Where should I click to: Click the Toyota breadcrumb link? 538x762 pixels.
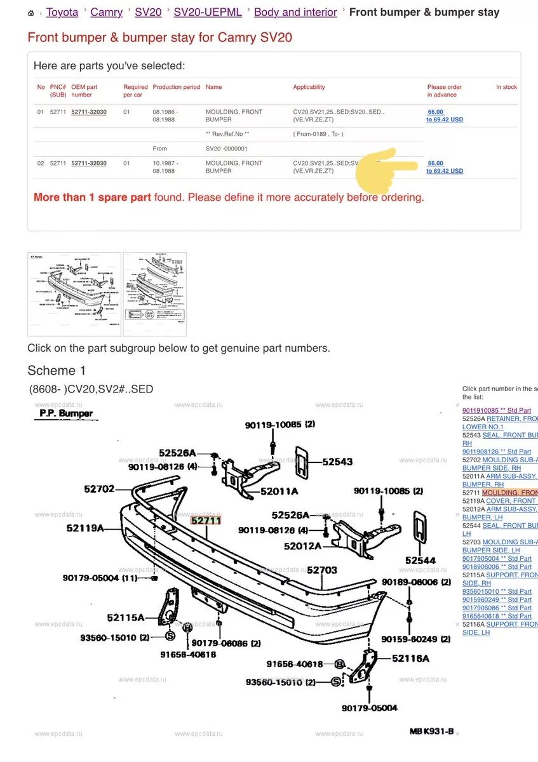click(62, 12)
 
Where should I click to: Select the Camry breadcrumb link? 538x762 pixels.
click(107, 12)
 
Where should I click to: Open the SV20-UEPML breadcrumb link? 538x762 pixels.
click(208, 12)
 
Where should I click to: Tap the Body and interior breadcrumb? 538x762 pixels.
click(295, 12)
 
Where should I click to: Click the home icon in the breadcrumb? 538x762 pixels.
click(31, 13)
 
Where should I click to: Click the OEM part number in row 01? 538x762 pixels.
click(89, 112)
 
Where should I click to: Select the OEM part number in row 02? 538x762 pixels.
click(89, 163)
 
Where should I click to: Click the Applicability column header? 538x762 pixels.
click(309, 87)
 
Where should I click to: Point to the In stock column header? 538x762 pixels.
click(506, 87)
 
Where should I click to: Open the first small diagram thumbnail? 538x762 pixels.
click(74, 294)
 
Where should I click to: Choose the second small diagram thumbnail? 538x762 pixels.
click(154, 294)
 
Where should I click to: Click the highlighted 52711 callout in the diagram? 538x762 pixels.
click(206, 520)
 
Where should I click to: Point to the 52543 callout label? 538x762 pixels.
click(337, 462)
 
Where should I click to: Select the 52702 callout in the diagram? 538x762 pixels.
click(99, 489)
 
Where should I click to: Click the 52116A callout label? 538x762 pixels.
click(410, 658)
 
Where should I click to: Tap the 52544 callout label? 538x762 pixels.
click(420, 560)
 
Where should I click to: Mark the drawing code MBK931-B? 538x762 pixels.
click(431, 732)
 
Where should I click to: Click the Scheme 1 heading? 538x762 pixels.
click(57, 370)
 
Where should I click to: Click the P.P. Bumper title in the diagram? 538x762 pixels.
click(66, 413)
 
